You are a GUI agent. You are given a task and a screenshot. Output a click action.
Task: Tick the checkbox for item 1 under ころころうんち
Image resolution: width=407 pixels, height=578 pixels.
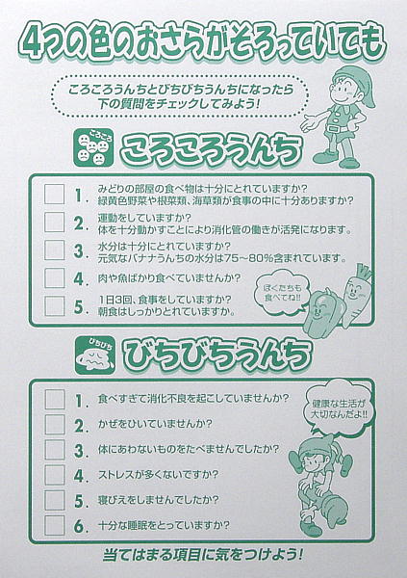point(54,195)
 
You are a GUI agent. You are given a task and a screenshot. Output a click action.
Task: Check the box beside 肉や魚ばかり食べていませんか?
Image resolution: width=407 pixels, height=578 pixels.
point(54,278)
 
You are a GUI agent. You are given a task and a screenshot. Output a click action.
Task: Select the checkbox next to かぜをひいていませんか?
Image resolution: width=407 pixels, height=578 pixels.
point(55,424)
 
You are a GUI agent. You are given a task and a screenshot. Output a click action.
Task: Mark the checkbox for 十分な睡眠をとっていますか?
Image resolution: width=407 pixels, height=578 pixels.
point(55,525)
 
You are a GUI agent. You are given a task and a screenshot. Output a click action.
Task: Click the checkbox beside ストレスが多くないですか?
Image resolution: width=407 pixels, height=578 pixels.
point(55,475)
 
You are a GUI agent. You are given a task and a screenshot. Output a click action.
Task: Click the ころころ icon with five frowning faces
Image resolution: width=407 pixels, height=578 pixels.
point(93,147)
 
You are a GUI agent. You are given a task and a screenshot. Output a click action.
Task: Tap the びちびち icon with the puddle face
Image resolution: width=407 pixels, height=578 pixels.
point(95,355)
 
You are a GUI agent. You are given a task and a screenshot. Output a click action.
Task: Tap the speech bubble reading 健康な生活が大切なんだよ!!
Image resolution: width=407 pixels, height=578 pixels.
point(339,408)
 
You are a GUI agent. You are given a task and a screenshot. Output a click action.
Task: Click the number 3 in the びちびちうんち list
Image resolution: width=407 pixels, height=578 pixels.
point(79,451)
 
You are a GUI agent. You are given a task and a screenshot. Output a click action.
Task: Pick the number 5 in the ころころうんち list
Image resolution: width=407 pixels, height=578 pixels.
point(79,306)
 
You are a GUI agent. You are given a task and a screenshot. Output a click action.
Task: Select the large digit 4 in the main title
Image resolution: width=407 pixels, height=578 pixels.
point(30,43)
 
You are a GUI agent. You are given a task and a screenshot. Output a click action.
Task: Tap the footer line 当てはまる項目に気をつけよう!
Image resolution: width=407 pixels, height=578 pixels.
point(203,555)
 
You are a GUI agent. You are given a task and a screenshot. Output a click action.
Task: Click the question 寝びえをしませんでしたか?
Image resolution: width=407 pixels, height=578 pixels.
point(159,500)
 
